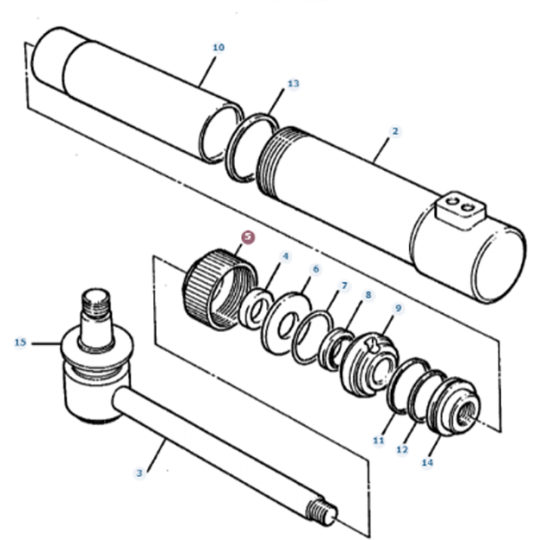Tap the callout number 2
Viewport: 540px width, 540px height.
tap(395, 131)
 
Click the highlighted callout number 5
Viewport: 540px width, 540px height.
tap(248, 238)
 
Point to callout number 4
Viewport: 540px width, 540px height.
tap(285, 257)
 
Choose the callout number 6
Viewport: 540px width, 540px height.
tap(315, 269)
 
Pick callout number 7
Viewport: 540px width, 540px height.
tap(343, 286)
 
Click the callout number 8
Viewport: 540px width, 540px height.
tap(367, 294)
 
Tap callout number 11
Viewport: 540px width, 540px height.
tap(377, 439)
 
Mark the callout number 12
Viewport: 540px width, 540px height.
tap(402, 450)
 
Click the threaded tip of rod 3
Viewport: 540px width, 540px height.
tap(324, 514)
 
